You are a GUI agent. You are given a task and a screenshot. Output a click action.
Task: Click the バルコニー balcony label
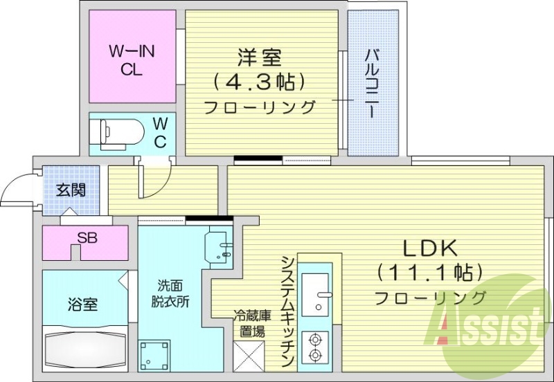pyautogui.click(x=372, y=82)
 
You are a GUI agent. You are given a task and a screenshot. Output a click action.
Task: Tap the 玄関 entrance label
pyautogui.click(x=71, y=189)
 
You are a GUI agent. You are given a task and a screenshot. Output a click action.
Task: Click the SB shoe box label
pyautogui.click(x=87, y=238)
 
